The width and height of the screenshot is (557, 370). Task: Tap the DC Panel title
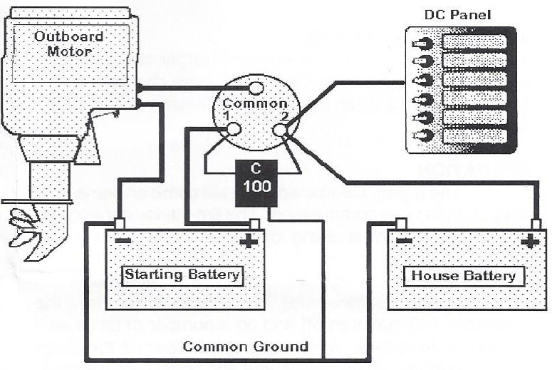pyautogui.click(x=457, y=14)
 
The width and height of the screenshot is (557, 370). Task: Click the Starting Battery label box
pyautogui.click(x=182, y=274)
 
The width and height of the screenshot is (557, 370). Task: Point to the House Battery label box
pyautogui.click(x=463, y=276)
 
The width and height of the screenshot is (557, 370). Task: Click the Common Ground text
pyautogui.click(x=246, y=347)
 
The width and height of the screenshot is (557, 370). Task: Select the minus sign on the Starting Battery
pyautogui.click(x=123, y=240)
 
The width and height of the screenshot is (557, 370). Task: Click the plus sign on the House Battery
pyautogui.click(x=529, y=241)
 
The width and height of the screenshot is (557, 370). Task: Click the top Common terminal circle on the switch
pyautogui.click(x=256, y=88)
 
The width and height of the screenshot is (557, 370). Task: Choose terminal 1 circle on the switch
pyautogui.click(x=232, y=130)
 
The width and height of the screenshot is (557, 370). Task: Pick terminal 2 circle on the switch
pyautogui.click(x=280, y=130)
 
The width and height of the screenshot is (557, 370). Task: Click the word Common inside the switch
pyautogui.click(x=256, y=104)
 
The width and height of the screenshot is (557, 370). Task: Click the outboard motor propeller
pyautogui.click(x=25, y=227)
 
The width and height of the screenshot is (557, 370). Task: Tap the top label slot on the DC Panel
pyautogui.click(x=474, y=41)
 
